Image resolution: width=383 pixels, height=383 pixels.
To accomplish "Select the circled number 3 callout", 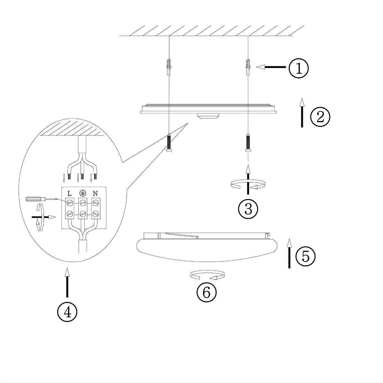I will pos(248,209).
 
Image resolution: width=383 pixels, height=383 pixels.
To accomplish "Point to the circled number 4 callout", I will pos(67,312).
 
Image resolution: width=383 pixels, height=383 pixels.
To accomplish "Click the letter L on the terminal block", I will pos(70,193).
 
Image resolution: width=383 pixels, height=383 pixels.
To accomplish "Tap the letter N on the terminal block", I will pos(95,193).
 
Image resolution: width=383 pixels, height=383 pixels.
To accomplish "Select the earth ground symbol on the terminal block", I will pos(82,193).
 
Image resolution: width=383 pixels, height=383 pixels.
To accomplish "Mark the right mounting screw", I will pos(248,143).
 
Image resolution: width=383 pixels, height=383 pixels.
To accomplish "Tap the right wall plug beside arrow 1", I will pos(248,67).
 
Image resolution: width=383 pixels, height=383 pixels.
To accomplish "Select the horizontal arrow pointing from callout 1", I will pos(271,67).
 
